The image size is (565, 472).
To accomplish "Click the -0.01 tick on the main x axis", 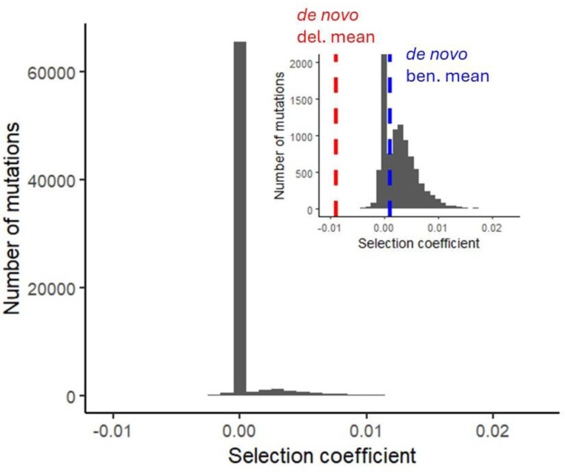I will click(113, 430).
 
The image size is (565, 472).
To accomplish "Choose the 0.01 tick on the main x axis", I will click(366, 430).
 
